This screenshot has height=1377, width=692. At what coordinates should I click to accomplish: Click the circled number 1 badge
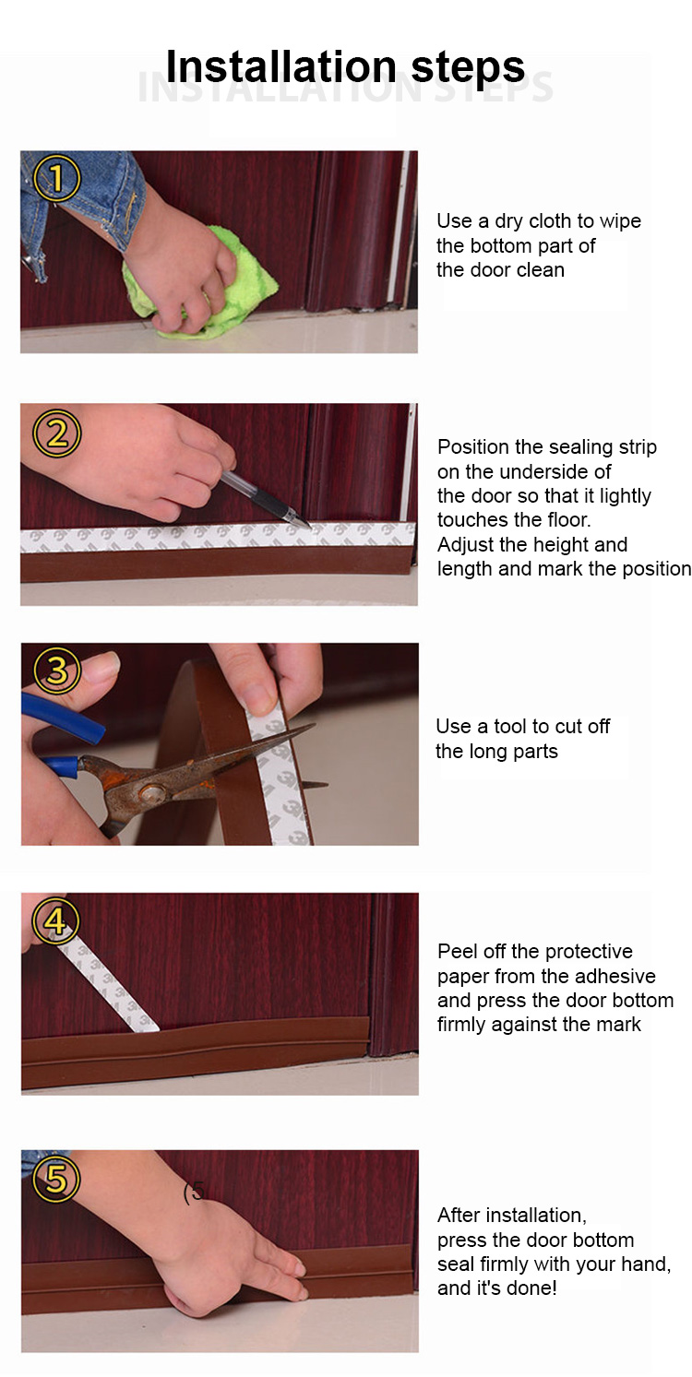pyautogui.click(x=56, y=178)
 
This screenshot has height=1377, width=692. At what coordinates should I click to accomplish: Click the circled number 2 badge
pyautogui.click(x=56, y=433)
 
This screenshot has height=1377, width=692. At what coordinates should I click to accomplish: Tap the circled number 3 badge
pyautogui.click(x=56, y=670)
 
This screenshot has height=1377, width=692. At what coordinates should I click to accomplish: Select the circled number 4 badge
pyautogui.click(x=56, y=922)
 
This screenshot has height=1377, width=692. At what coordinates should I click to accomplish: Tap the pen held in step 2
pyautogui.click(x=266, y=499)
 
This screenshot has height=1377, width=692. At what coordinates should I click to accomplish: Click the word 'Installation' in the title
pyautogui.click(x=281, y=65)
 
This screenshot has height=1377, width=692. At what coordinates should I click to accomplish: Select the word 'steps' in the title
pyautogui.click(x=468, y=67)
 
